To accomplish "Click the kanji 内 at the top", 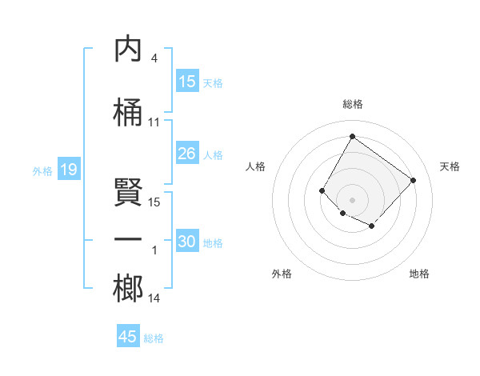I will click(128, 49).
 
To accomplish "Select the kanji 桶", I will click(128, 113).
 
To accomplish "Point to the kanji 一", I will click(128, 240).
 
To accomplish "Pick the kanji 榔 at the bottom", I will click(128, 288).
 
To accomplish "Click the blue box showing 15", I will click(187, 82).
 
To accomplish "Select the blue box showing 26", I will click(187, 154).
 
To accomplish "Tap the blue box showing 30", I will click(187, 242).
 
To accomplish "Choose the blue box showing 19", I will click(68, 170).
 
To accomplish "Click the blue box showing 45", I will click(128, 337).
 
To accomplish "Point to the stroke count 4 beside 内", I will click(154, 58).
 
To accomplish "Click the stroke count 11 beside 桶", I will click(154, 122).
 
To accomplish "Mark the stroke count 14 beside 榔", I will click(154, 298).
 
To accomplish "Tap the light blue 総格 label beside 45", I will click(154, 338).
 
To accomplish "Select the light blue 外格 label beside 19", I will click(42, 170).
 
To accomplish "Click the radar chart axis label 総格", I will click(352, 104).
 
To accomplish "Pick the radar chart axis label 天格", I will click(450, 166).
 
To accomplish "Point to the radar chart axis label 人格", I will click(255, 166).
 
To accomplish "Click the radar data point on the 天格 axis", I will click(413, 180).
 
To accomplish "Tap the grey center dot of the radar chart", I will click(352, 199).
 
